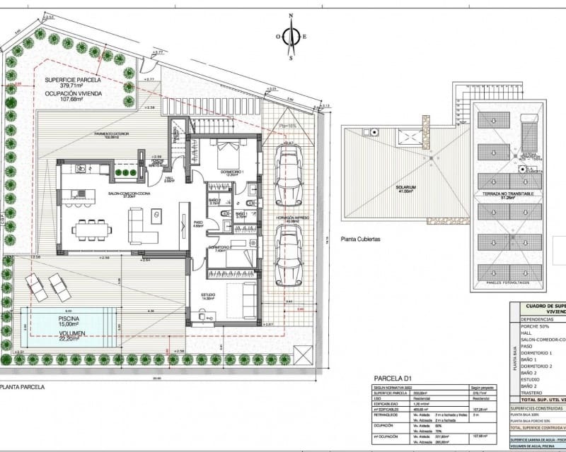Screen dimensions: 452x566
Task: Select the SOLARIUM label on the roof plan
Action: pos(406,189)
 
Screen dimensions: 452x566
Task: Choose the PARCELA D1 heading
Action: pos(398,379)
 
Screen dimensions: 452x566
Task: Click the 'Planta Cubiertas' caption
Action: pos(360,239)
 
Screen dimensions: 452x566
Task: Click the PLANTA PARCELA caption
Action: pos(23,387)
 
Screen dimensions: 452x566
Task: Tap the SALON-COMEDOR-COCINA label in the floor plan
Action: pos(125,196)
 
